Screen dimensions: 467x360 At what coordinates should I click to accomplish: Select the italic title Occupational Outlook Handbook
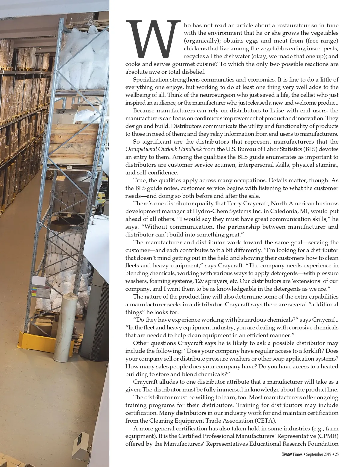(x=163, y=149)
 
